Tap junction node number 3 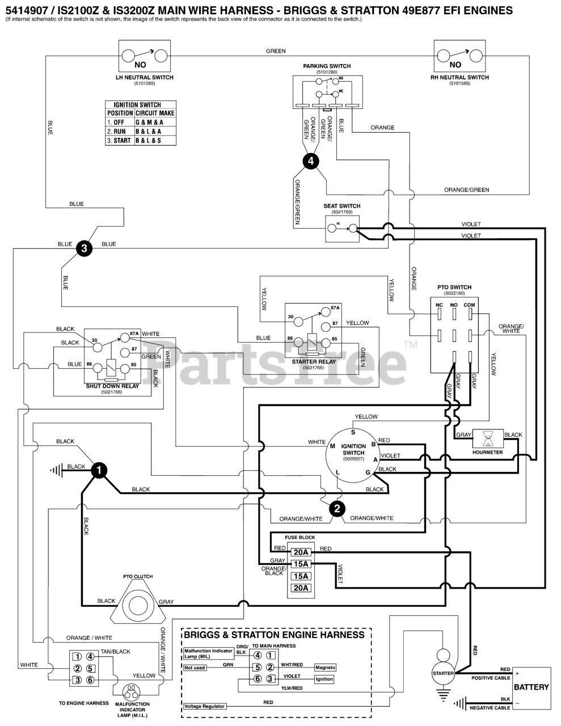pos(84,248)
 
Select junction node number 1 pos(99,470)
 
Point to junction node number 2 pos(337,509)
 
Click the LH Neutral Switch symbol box pos(144,57)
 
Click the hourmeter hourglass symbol pos(488,437)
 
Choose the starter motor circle pos(444,673)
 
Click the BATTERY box pos(531,687)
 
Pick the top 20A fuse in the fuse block pos(301,552)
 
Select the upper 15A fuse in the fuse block pos(301,564)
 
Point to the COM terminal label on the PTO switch pos(469,305)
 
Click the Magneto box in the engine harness pos(326,668)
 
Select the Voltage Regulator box pos(205,706)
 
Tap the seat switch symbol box pos(342,229)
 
